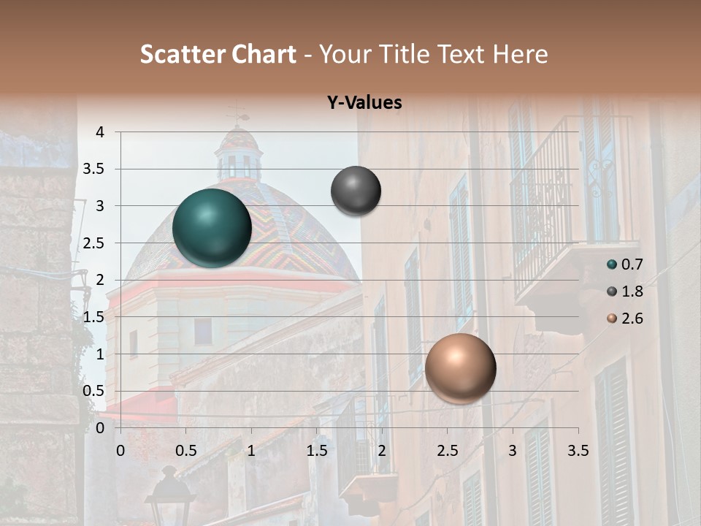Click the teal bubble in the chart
click(212, 228)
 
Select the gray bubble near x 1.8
click(356, 191)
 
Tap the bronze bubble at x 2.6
click(460, 368)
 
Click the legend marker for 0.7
click(612, 264)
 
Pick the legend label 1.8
click(632, 291)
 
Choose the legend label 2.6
click(632, 319)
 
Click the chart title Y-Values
click(364, 103)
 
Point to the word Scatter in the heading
click(182, 54)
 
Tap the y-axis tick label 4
click(100, 132)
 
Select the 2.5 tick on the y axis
click(94, 243)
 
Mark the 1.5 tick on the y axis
click(94, 316)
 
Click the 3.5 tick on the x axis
click(578, 451)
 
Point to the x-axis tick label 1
click(251, 451)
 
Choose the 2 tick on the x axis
click(382, 451)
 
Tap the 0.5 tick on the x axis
click(185, 451)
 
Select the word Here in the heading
click(520, 54)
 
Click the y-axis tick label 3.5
click(94, 169)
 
